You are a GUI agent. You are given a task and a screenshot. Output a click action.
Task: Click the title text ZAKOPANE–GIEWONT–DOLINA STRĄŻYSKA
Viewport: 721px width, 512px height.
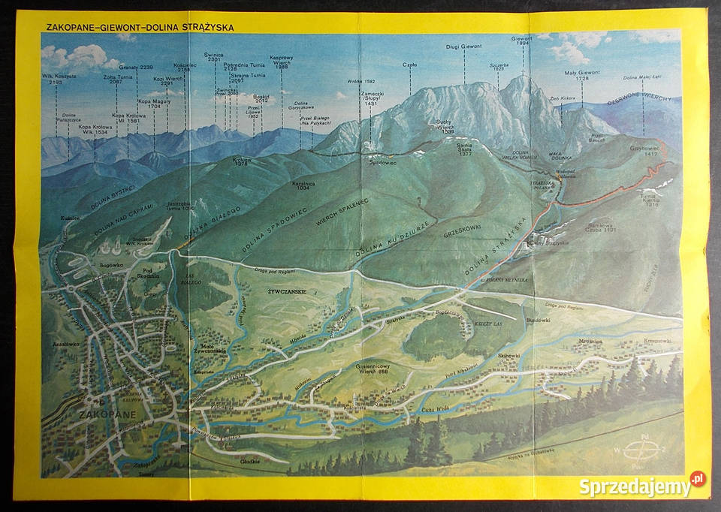[140, 27]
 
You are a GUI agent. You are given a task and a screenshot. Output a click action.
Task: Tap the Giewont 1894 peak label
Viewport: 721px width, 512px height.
[521, 41]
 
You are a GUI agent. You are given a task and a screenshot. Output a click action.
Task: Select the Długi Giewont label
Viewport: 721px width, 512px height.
[463, 47]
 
